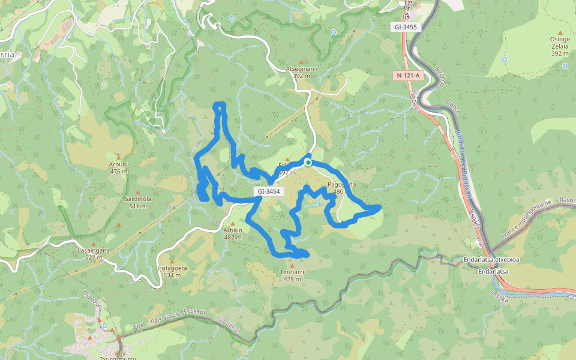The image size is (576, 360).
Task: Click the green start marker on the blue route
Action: [308, 162]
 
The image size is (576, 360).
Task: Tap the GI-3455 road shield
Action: [406, 27]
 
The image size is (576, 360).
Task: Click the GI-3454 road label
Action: [268, 191]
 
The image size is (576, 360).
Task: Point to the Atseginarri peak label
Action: [301, 68]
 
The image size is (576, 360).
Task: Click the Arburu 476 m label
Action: [119, 163]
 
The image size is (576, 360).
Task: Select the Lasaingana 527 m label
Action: [94, 250]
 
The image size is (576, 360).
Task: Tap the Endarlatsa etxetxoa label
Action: [491, 260]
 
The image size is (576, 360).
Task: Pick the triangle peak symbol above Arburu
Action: [119, 155]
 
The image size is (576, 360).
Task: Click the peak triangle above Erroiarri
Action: [292, 264]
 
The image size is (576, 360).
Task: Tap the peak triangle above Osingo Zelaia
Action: [560, 32]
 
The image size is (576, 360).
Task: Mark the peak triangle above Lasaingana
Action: [94, 242]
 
